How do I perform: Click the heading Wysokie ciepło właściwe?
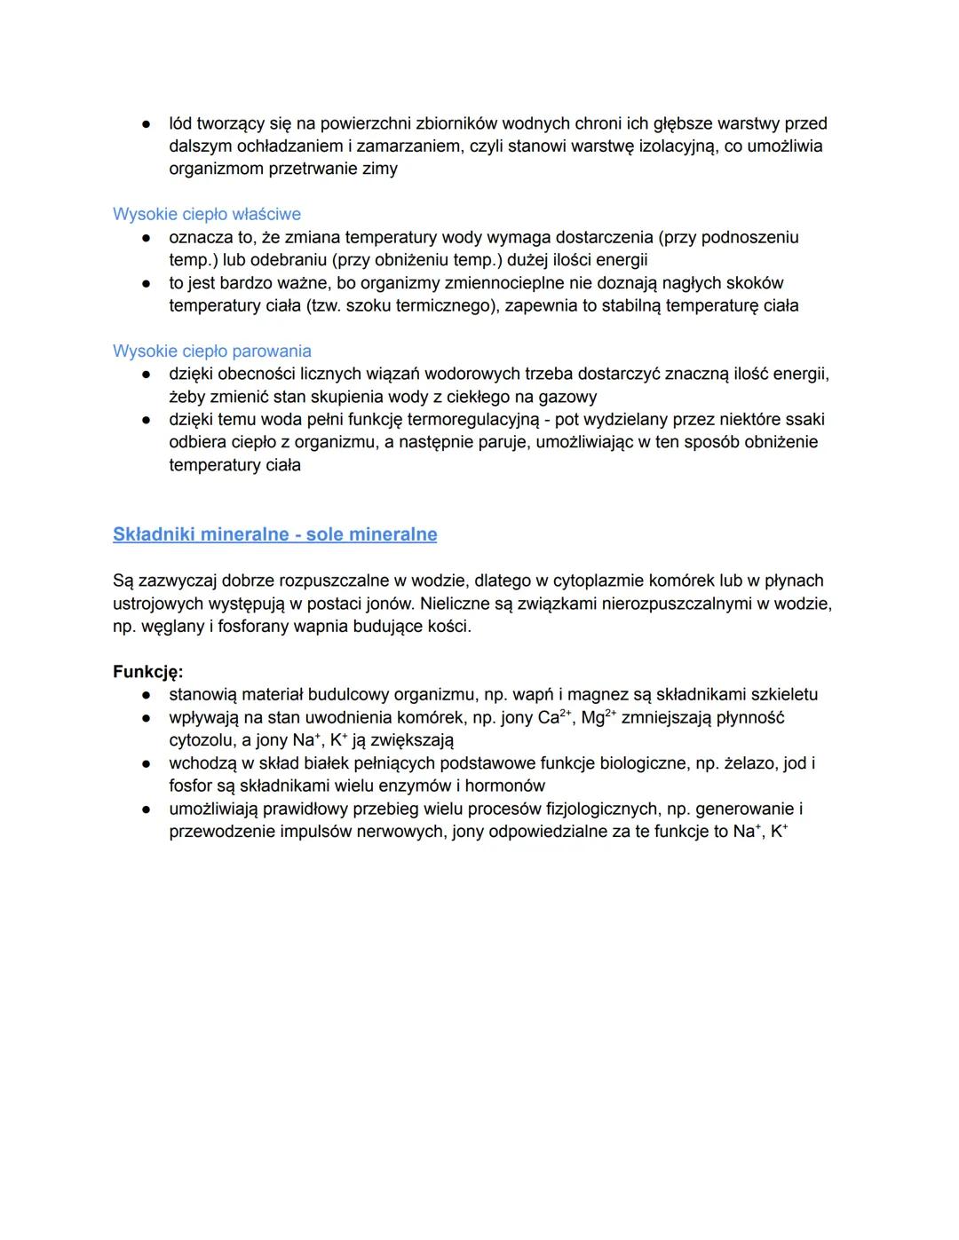[207, 214]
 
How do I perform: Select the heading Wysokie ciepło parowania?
[211, 351]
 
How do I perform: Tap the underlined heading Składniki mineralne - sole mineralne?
[274, 534]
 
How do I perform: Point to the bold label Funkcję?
[148, 672]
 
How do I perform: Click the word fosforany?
[258, 627]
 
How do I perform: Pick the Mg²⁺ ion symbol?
[598, 717]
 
